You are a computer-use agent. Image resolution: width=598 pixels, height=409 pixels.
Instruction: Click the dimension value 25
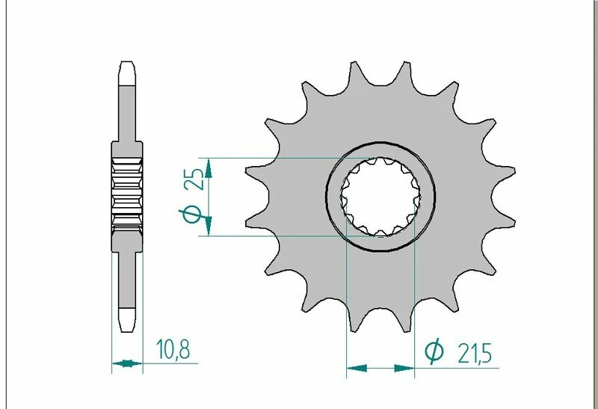pyautogui.click(x=194, y=180)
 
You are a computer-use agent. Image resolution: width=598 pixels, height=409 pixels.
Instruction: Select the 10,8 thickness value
pyautogui.click(x=171, y=348)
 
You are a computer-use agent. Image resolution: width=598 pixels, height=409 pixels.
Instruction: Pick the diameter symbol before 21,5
pyautogui.click(x=434, y=351)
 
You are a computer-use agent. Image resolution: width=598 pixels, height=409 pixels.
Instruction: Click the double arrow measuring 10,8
pyautogui.click(x=126, y=365)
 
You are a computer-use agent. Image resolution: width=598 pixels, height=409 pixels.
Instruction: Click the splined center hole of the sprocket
pyautogui.click(x=380, y=197)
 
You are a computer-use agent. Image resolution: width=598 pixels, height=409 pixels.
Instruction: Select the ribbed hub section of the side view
pyautogui.click(x=126, y=196)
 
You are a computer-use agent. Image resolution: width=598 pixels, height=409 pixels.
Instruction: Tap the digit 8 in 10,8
pyautogui.click(x=183, y=348)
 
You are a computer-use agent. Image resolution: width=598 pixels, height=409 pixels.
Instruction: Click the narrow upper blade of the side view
pyautogui.click(x=126, y=108)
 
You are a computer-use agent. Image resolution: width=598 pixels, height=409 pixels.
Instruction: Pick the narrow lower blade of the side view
pyautogui.click(x=126, y=284)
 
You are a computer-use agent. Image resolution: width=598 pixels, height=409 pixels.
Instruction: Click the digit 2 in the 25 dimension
pyautogui.click(x=194, y=186)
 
